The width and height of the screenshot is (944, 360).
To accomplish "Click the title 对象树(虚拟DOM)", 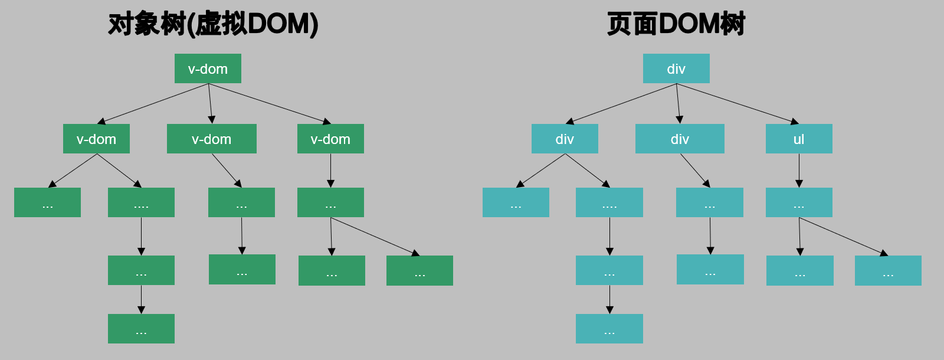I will coord(213,24).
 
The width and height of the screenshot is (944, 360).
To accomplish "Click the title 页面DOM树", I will coord(676,24).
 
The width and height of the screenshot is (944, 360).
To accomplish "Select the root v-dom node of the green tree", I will coord(208,68).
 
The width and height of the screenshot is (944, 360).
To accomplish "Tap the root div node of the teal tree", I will coord(676,68).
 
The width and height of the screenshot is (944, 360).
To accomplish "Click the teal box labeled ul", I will coord(799,139).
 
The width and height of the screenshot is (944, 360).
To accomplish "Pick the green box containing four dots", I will coord(141,202).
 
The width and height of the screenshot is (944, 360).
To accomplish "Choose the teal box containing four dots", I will coord(609,202).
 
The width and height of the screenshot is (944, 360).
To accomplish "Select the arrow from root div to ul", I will coord(737,103).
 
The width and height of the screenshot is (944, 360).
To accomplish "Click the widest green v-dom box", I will coord(212,139).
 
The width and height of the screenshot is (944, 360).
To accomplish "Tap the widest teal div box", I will coord(680,139).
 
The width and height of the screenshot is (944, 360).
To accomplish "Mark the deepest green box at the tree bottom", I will coord(141,329).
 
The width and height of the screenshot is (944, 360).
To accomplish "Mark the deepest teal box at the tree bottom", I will coord(609,329).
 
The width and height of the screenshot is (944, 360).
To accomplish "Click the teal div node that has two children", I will coord(565,139).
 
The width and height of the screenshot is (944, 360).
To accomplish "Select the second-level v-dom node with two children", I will coord(96,139).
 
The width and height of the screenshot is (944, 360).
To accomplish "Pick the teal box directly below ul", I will coord(799,202).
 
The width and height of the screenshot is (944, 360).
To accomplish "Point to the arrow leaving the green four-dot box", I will coord(141,236).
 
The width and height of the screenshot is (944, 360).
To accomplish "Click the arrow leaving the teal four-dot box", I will coord(609,236).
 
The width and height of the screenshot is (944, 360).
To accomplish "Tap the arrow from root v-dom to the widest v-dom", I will coord(210,103).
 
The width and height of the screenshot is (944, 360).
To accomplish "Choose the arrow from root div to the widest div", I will coord(678,103).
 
